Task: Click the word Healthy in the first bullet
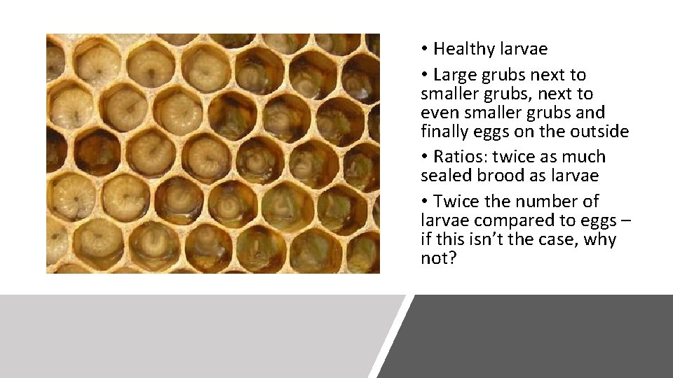point(464,49)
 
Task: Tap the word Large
point(454,75)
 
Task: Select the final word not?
point(437,258)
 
